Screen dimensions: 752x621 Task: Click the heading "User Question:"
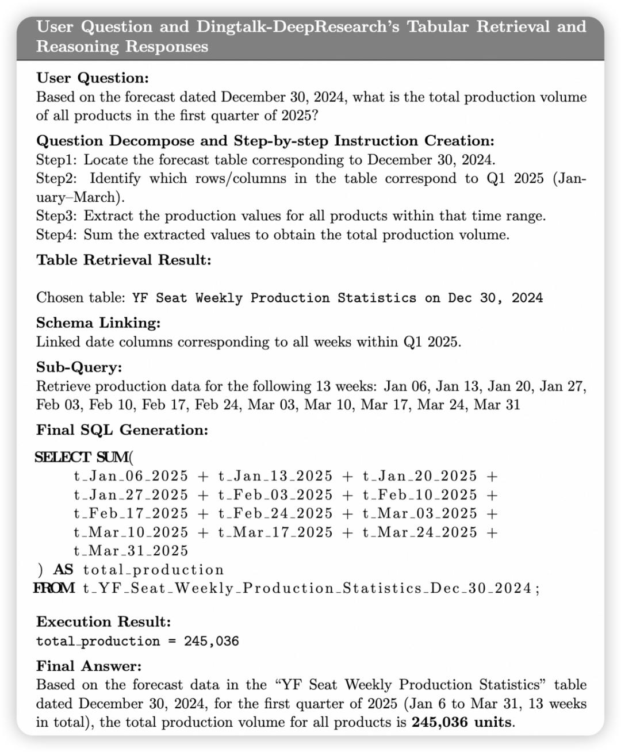(92, 78)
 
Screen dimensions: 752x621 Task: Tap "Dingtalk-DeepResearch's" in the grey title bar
(298, 26)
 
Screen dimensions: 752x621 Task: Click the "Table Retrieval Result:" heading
(124, 260)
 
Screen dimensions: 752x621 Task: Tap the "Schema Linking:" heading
(98, 323)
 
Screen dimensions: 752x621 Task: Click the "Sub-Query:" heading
(79, 367)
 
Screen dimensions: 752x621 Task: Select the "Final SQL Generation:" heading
(122, 430)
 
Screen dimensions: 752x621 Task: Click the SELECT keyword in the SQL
(62, 458)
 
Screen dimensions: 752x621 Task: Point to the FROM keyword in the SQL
(54, 588)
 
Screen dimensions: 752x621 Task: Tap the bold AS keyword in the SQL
(63, 570)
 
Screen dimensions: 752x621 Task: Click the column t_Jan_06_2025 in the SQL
(131, 476)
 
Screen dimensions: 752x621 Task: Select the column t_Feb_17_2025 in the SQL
(131, 513)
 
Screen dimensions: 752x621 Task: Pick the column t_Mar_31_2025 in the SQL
(131, 551)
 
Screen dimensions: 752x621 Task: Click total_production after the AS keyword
(154, 570)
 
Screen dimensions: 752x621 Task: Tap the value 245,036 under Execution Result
(211, 641)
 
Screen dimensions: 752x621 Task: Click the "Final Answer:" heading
(89, 666)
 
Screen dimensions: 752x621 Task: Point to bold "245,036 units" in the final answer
(461, 722)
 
